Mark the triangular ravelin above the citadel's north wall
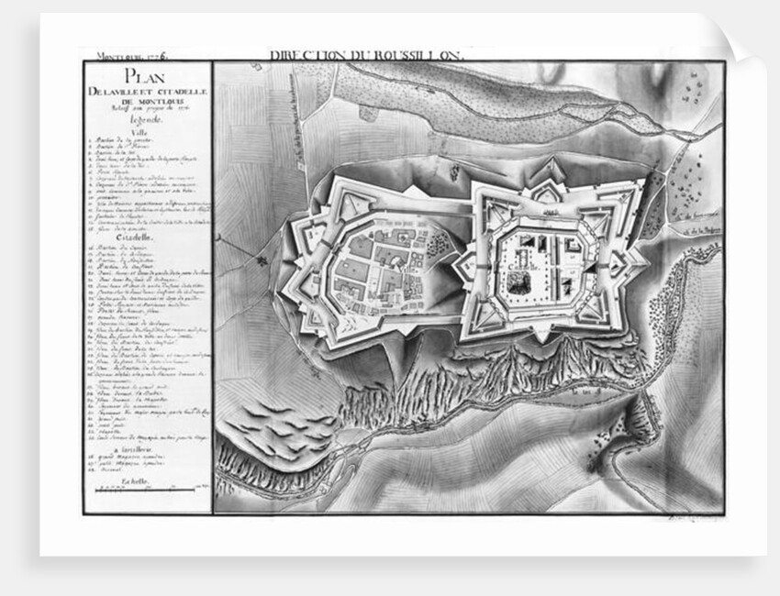pyautogui.click(x=543, y=171)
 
